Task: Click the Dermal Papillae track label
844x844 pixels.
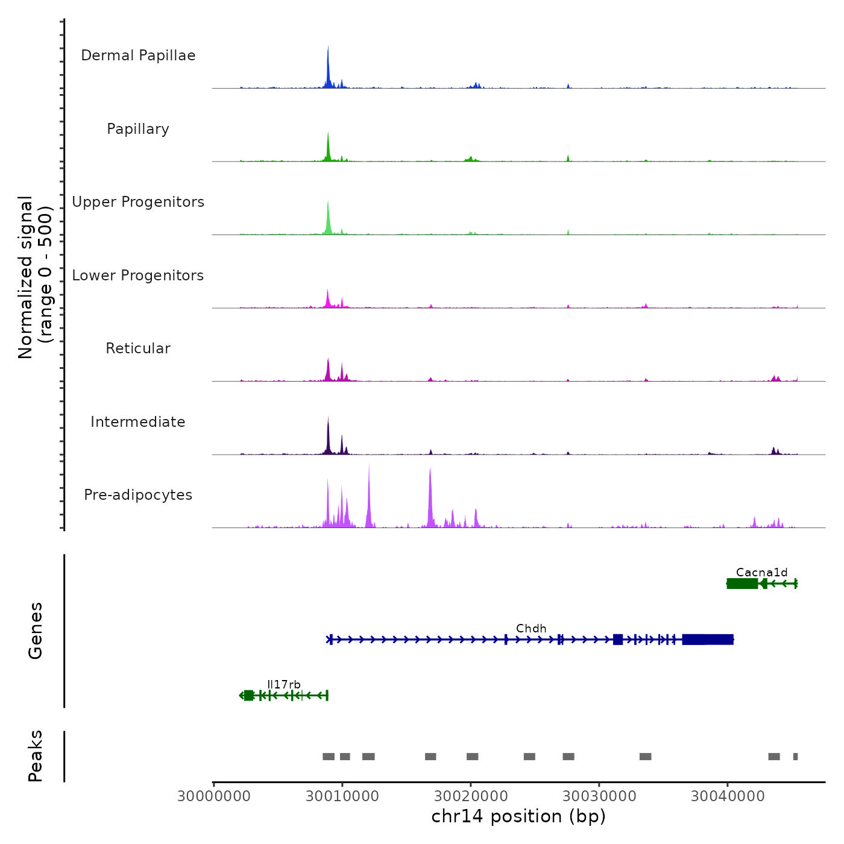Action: pos(138,55)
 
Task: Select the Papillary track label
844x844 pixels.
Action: pos(138,129)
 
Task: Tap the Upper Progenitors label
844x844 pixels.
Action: pos(138,202)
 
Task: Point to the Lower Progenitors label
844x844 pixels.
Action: pos(138,276)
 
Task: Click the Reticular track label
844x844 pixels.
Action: pos(138,348)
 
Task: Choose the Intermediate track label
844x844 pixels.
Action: pos(138,422)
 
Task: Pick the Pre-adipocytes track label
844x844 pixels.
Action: pos(138,495)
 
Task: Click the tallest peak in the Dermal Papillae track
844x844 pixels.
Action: pos(328,48)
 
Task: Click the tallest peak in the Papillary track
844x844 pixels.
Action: pos(328,134)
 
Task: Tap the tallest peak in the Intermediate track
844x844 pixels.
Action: pos(328,418)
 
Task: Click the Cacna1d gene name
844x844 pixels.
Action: pos(761,573)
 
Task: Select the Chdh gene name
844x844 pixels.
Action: pos(531,628)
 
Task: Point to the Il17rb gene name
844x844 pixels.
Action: pos(284,684)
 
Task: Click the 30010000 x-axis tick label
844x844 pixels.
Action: pos(342,796)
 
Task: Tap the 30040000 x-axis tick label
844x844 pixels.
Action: pos(728,796)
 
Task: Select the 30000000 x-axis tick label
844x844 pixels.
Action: pos(213,796)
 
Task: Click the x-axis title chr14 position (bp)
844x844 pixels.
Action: pos(518,816)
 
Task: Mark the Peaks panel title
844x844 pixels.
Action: pos(36,756)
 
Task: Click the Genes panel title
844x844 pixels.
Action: pos(36,631)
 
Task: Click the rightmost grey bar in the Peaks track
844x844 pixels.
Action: pos(795,757)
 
